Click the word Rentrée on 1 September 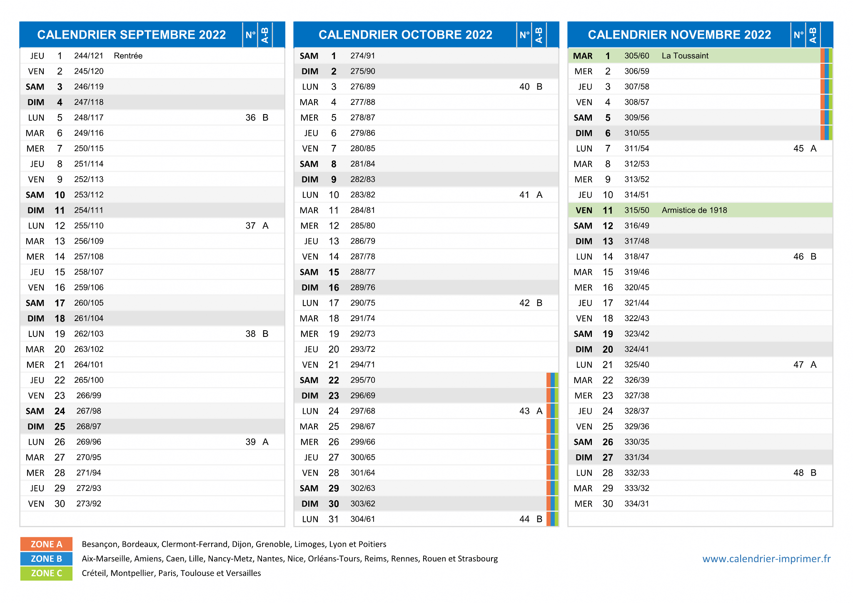(128, 56)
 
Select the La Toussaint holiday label (685, 56)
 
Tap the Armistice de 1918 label (694, 210)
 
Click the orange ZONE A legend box (46, 544)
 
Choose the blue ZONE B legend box (46, 559)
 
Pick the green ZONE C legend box (46, 573)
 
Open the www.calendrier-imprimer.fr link (766, 559)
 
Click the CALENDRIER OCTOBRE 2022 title (405, 35)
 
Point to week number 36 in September (250, 118)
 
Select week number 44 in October (524, 519)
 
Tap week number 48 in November (798, 473)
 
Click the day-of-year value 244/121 (89, 56)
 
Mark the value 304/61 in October (363, 519)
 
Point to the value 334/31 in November (637, 504)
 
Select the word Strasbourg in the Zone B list (478, 559)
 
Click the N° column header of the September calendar (250, 35)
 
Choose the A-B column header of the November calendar (813, 35)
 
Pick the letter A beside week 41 (539, 195)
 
